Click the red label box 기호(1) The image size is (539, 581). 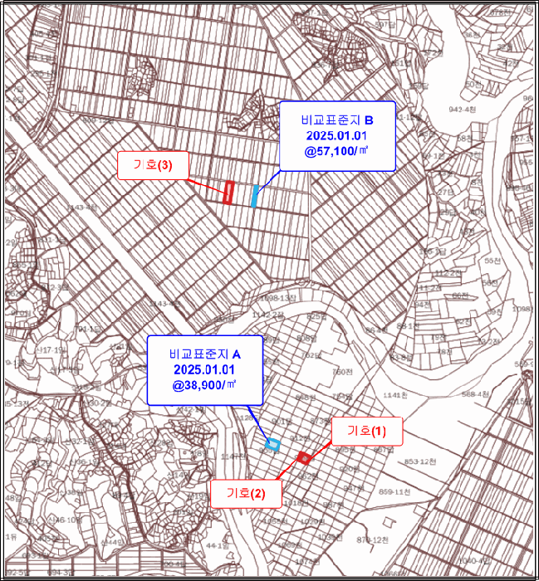point(366,431)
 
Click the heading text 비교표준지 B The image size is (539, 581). point(336,119)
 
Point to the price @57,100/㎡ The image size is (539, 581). point(336,151)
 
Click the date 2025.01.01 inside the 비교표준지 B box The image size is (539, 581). point(336,135)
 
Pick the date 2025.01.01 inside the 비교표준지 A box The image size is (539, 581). point(204,369)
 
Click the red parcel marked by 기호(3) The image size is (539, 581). point(228,192)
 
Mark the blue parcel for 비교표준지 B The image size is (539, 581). point(254,196)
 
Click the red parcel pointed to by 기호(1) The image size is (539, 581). point(304,457)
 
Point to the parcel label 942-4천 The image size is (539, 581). point(463,109)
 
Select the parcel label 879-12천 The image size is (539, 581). point(373,539)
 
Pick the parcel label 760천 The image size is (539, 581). point(343,372)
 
